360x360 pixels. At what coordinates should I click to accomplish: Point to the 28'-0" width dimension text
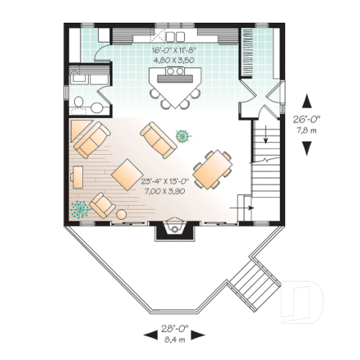175,329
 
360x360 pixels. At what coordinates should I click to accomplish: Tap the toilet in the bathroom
78,102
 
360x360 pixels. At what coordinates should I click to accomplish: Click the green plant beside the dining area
183,133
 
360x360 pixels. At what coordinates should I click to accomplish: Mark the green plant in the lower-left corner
78,208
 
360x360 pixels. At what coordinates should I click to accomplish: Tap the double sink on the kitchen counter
175,35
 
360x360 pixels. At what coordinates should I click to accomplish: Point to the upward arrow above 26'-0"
307,99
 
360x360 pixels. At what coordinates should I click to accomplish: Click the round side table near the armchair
121,214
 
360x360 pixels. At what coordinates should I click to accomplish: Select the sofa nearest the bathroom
89,139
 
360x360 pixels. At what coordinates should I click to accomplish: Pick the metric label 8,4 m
175,339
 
